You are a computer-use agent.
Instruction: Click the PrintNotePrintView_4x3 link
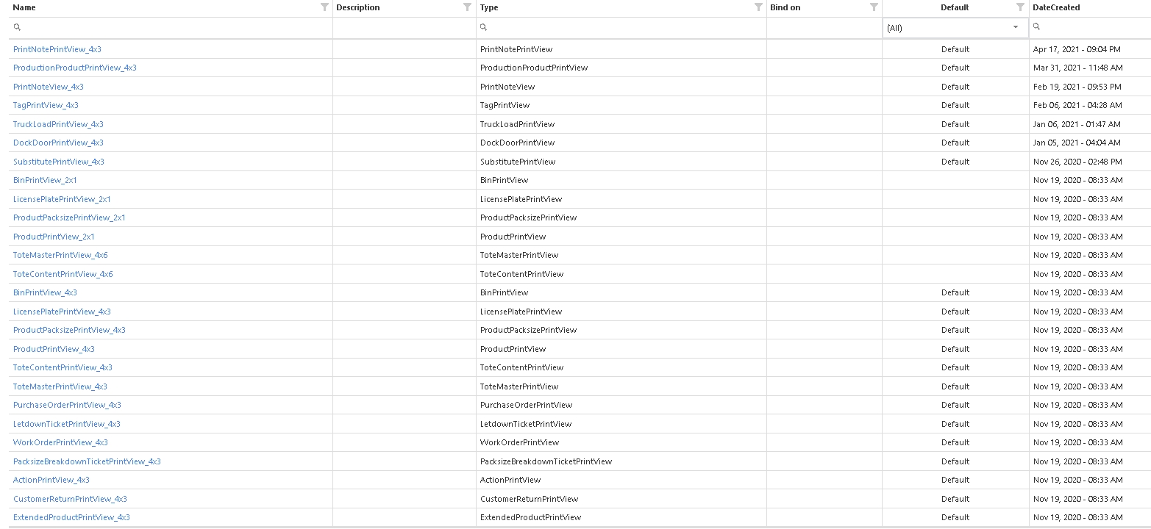coord(57,49)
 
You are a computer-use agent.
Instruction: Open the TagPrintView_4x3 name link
coord(46,105)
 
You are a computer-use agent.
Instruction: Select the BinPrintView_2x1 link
coord(45,180)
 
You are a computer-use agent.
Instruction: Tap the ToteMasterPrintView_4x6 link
coord(60,255)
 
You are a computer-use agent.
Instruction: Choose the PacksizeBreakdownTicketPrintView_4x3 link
coord(87,461)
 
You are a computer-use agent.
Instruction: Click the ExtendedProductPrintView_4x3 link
coord(71,517)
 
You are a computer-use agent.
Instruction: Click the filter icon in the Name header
coord(325,7)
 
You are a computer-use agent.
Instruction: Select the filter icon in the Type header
coord(759,7)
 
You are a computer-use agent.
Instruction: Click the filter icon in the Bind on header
coord(874,7)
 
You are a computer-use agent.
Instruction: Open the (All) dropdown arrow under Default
coord(1016,27)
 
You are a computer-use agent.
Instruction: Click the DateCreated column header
coord(1056,7)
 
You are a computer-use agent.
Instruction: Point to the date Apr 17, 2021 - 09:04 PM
coord(1077,49)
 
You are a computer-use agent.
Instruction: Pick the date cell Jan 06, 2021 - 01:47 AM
coord(1077,124)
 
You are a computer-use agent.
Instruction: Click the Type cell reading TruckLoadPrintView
coord(517,124)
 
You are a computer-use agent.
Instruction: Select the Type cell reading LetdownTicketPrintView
coord(526,424)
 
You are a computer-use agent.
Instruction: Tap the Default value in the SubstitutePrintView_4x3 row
coord(955,162)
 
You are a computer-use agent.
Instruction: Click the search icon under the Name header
coord(18,27)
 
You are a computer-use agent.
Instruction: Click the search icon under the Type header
coord(484,27)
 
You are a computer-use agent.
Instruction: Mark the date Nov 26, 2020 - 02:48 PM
coord(1077,162)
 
